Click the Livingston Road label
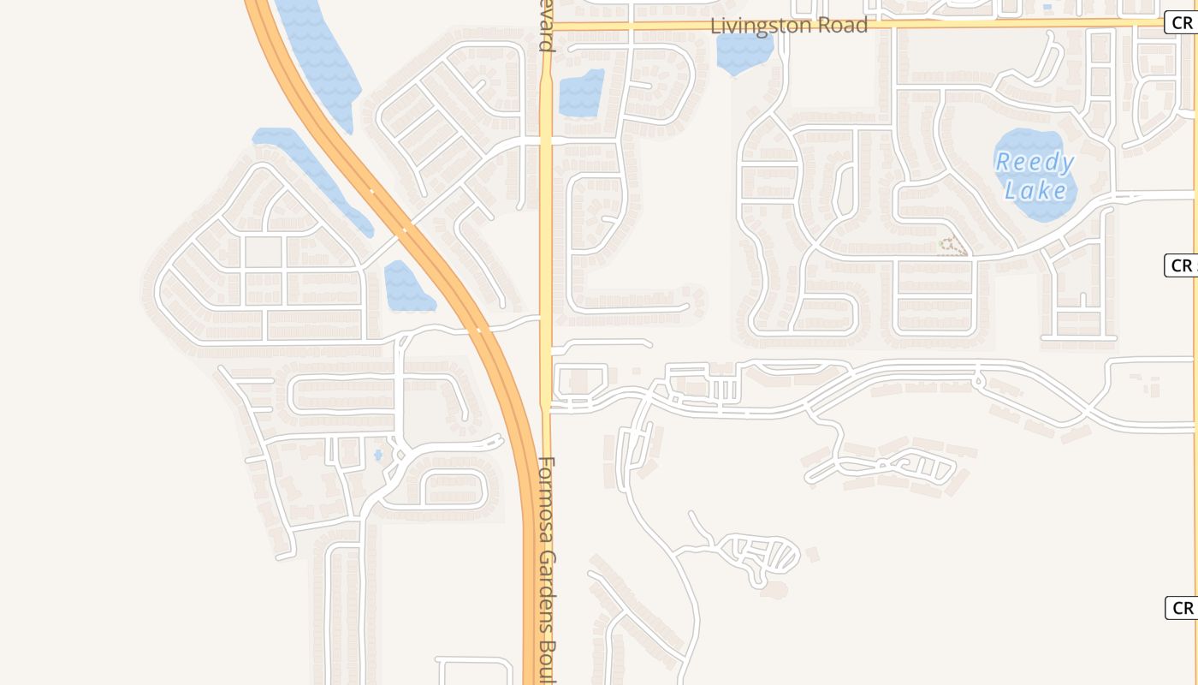pos(789,25)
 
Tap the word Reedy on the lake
pos(1035,161)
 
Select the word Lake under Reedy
pos(1036,190)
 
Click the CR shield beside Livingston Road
pos(1182,23)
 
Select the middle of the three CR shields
pos(1182,265)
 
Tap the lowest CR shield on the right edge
pos(1182,608)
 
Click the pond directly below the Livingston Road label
pos(744,53)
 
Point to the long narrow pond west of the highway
pos(312,176)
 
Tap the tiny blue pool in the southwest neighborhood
pos(378,455)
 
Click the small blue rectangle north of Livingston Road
pos(1047,8)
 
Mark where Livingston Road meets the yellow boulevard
pos(546,27)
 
